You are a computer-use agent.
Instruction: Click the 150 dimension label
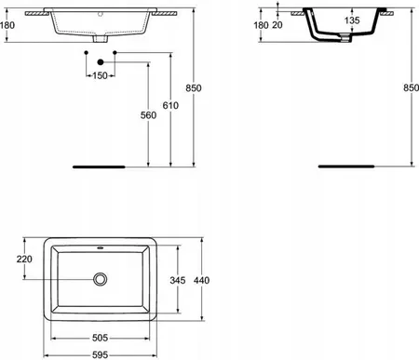(100, 75)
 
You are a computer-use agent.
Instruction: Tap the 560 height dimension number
(148, 115)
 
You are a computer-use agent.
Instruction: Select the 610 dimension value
(170, 105)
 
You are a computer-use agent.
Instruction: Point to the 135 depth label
(352, 20)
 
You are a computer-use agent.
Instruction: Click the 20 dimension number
(277, 25)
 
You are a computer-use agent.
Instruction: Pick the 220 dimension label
(24, 259)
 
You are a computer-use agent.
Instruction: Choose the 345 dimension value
(178, 280)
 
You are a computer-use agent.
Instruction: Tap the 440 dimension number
(201, 280)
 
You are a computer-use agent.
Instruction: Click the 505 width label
(100, 338)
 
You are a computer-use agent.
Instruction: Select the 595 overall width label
(100, 354)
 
